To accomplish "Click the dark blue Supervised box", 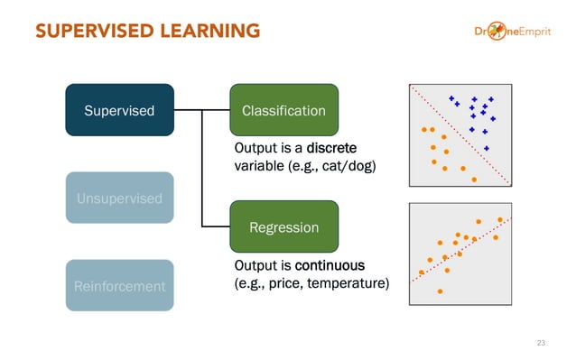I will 119,110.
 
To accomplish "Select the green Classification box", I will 283,110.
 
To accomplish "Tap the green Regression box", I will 283,227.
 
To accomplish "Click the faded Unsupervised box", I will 119,198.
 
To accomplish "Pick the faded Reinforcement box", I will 119,286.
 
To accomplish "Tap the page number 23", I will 541,343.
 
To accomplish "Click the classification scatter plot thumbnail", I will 460,135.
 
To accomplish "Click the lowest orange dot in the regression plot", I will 440,291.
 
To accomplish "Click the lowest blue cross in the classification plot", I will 487,148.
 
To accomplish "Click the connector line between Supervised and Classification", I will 200,110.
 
